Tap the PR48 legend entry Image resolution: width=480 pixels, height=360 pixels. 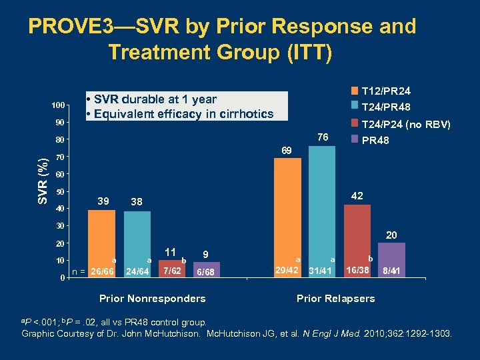[x=375, y=141]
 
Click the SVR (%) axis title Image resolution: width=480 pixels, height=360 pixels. [x=42, y=181]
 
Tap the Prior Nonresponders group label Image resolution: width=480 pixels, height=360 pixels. [x=152, y=298]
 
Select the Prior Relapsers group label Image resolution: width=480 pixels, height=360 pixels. [x=335, y=298]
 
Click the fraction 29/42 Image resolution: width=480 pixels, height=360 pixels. [x=287, y=270]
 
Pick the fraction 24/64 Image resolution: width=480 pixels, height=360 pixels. [x=137, y=271]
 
